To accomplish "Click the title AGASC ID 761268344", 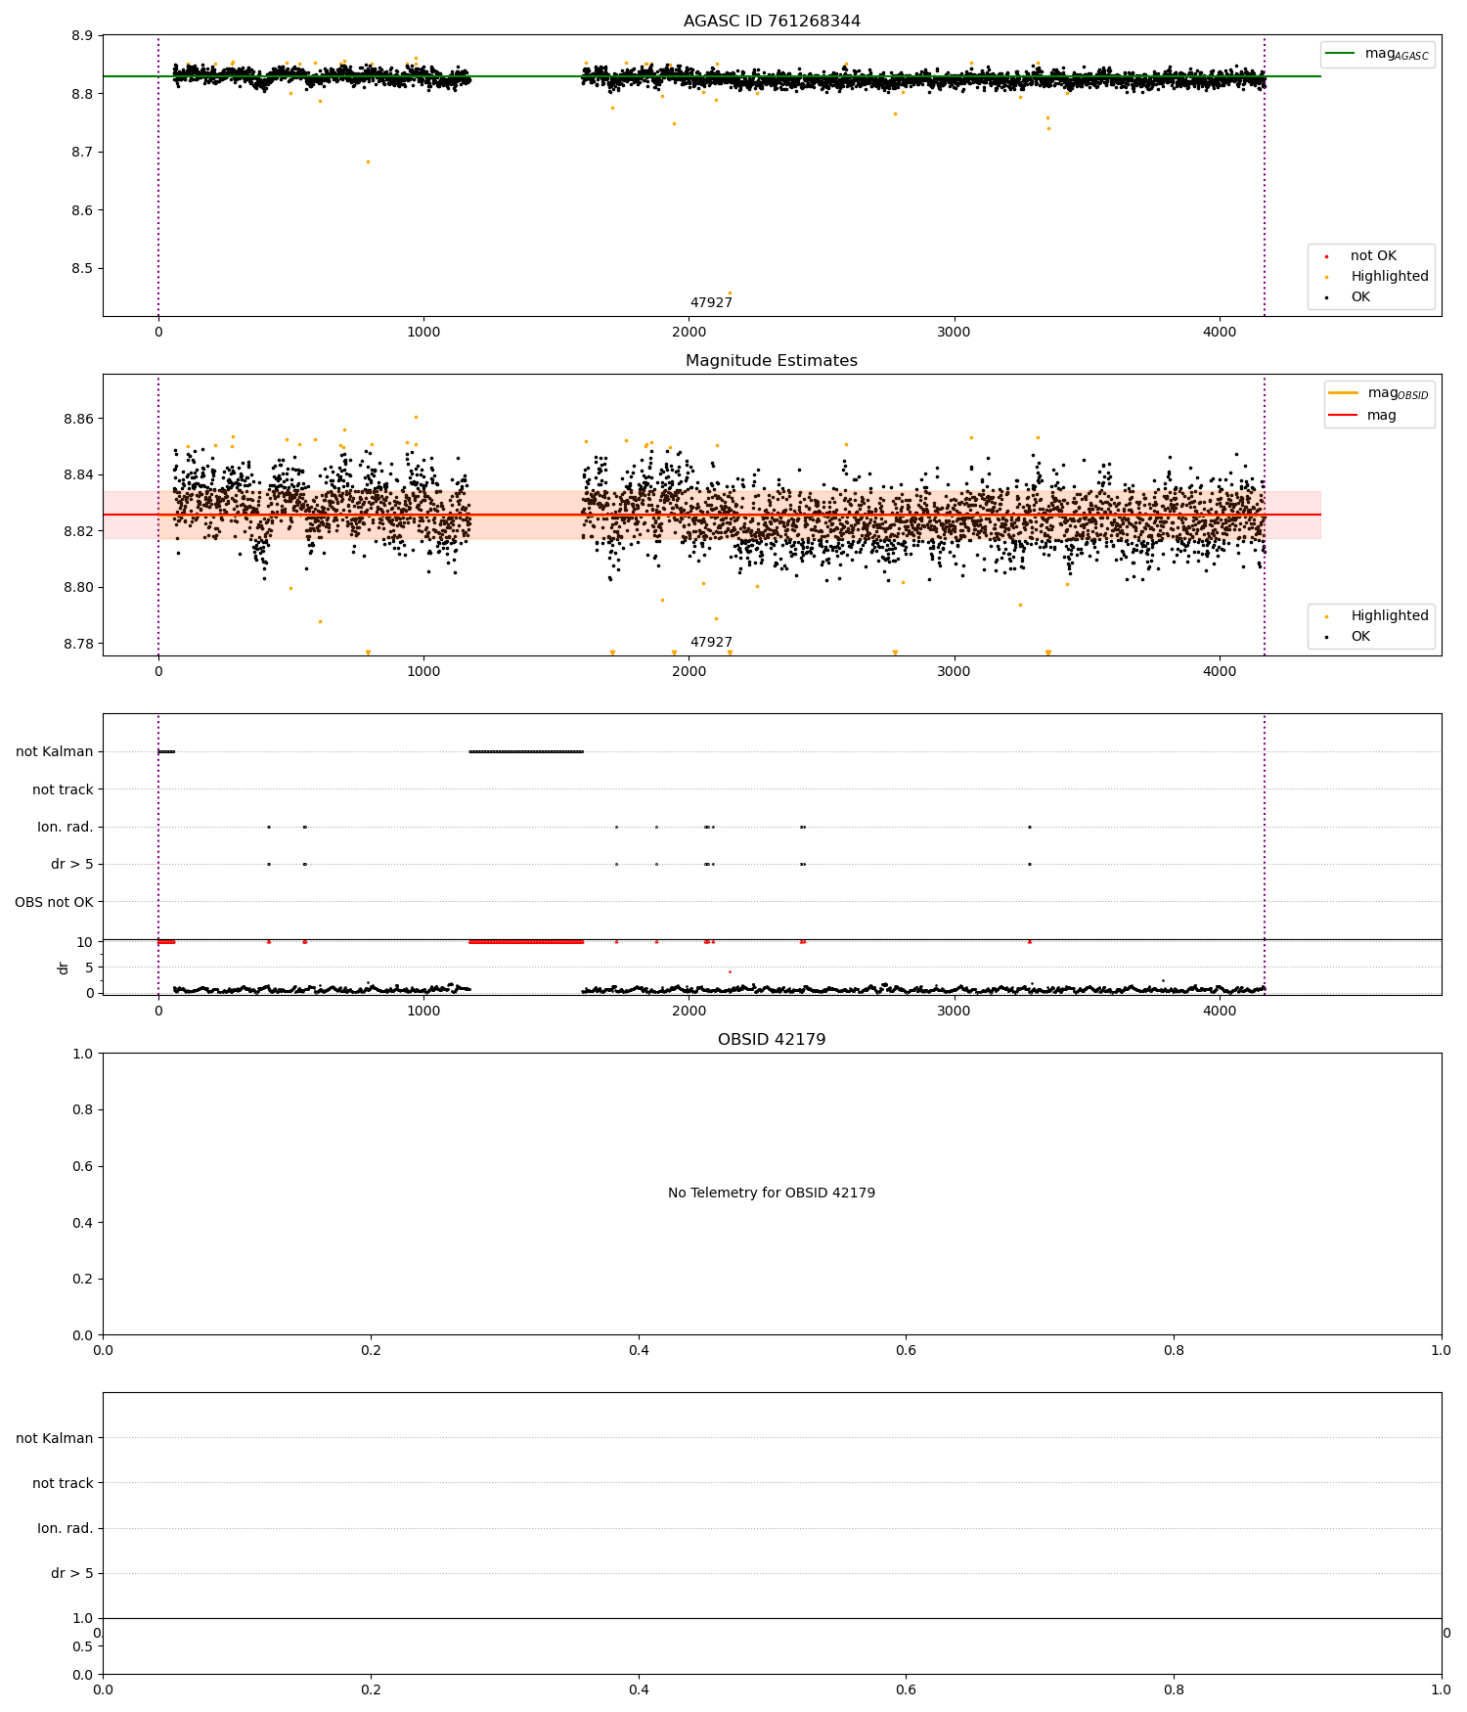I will point(772,22).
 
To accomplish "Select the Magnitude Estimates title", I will point(772,361).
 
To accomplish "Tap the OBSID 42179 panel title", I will point(772,1040).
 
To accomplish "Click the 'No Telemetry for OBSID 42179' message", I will point(772,1194).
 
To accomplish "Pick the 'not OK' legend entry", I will point(1373,256).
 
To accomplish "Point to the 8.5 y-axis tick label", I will point(81,269).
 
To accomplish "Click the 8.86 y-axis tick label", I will point(78,419).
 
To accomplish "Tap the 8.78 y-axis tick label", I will point(78,644).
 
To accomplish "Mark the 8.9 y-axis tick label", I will point(81,36).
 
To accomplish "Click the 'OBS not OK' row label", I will point(55,902).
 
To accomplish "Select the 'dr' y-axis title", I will point(64,968).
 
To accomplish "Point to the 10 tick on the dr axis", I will point(85,942).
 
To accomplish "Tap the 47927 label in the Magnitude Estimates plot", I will point(711,643).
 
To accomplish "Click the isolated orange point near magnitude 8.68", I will point(368,161).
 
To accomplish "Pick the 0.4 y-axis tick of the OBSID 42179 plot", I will point(81,1223).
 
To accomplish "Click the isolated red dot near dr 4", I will point(730,971).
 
